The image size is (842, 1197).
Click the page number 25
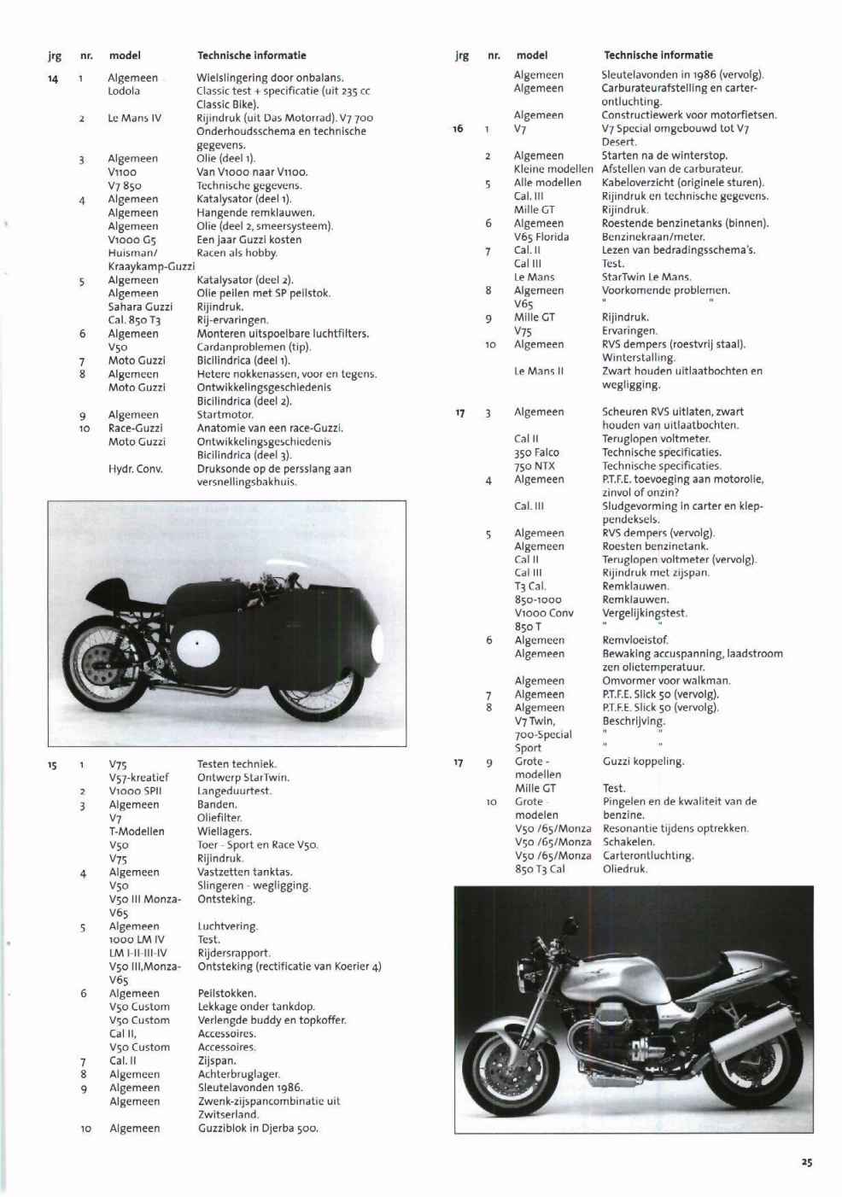pos(807,1162)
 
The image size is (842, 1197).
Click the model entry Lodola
pos(124,91)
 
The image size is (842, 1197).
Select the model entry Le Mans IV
pos(134,118)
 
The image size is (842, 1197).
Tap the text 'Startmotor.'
pos(225,415)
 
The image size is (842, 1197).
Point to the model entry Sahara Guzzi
pos(140,307)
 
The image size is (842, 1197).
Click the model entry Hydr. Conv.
pos(135,469)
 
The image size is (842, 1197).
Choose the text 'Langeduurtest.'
pos(234,791)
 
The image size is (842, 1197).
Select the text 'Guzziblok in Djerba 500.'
pos(258,1129)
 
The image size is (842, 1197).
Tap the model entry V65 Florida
pos(541,236)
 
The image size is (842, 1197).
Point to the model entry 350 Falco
pos(536,453)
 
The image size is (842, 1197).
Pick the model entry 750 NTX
pos(535,466)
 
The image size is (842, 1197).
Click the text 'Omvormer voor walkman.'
pos(665,680)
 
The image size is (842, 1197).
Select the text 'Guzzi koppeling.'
pos(643,762)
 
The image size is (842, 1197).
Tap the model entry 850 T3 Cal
pos(540,869)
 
